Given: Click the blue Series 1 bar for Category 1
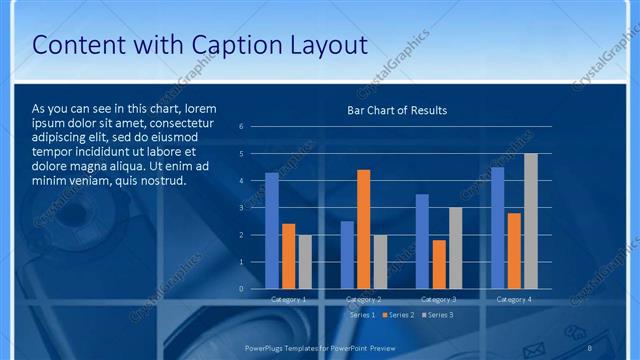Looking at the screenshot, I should [x=272, y=231].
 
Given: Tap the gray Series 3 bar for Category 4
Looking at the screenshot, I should [x=531, y=221].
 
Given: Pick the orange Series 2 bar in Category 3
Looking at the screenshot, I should [x=439, y=264].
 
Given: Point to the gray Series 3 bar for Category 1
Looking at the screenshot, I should [x=305, y=262].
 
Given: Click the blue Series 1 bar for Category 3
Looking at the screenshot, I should [x=422, y=241].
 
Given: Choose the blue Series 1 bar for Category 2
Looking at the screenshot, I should [x=347, y=255].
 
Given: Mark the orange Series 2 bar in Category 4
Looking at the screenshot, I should [x=514, y=251].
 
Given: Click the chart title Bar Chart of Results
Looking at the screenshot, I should [x=397, y=110].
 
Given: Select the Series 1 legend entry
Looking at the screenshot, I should [x=361, y=315].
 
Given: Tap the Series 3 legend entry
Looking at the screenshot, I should [x=437, y=315].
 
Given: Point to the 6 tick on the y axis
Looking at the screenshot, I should [x=241, y=127].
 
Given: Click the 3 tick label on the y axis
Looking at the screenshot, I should [x=241, y=208].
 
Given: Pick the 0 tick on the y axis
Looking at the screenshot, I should [x=241, y=289].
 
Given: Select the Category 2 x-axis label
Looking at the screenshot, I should [x=364, y=299].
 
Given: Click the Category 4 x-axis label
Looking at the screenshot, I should [x=514, y=299].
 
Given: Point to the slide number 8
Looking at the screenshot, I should [x=590, y=347].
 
